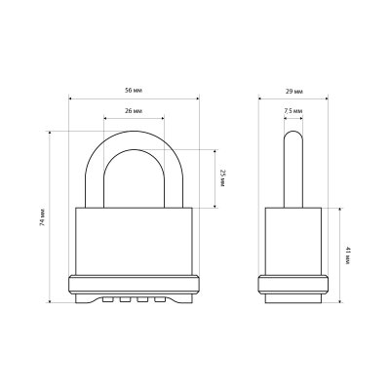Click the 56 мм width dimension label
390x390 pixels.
pos(134,91)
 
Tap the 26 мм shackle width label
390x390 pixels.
pos(134,111)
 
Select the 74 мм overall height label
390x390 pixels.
pos(42,216)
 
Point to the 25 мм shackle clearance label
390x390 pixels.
pos(222,178)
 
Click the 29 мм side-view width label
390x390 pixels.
pos(294,92)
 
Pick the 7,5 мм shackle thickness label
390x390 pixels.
pos(293,111)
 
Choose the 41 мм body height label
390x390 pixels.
pos(347,255)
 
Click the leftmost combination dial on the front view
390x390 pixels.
pos(107,299)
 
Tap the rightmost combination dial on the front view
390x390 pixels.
pos(160,299)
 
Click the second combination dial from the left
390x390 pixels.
pos(125,299)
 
